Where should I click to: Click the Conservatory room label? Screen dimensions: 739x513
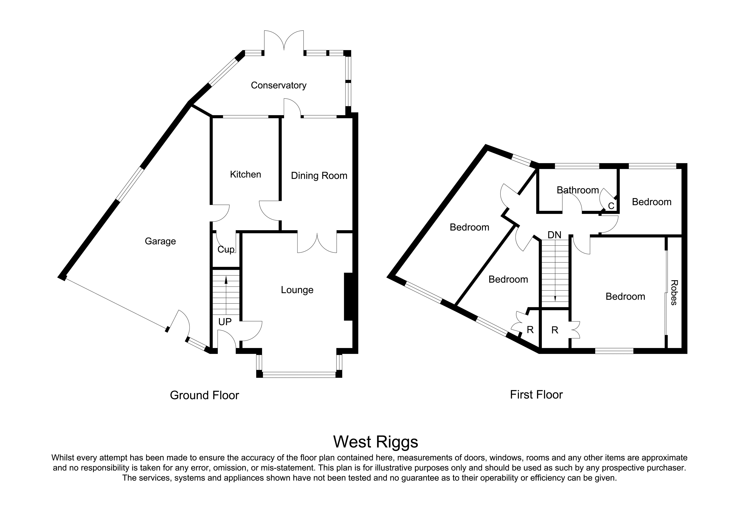pos(278,85)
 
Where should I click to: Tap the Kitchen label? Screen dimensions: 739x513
pos(245,174)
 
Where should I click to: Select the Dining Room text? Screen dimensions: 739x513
pos(319,176)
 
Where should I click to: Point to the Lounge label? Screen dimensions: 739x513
pos(297,290)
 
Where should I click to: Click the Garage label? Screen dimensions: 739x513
pos(160,241)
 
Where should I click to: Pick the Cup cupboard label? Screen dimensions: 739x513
pos(226,249)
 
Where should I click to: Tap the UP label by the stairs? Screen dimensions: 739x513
pos(225,322)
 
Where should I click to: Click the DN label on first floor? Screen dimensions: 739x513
pos(554,235)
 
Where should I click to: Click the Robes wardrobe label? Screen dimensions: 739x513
pos(674,293)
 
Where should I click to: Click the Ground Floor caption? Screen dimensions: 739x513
pos(204,395)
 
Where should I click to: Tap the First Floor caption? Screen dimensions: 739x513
pos(536,395)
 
